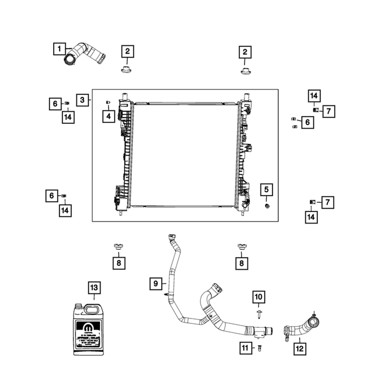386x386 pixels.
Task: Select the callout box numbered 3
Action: pos(82,100)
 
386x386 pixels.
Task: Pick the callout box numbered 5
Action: pos(266,190)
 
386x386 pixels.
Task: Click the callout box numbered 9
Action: pos(156,283)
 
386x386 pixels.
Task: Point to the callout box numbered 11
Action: pos(245,348)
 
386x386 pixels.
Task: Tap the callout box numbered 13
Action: pos(94,288)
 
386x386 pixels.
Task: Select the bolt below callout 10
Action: pos(258,315)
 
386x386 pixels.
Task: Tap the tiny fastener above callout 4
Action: pos(108,102)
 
